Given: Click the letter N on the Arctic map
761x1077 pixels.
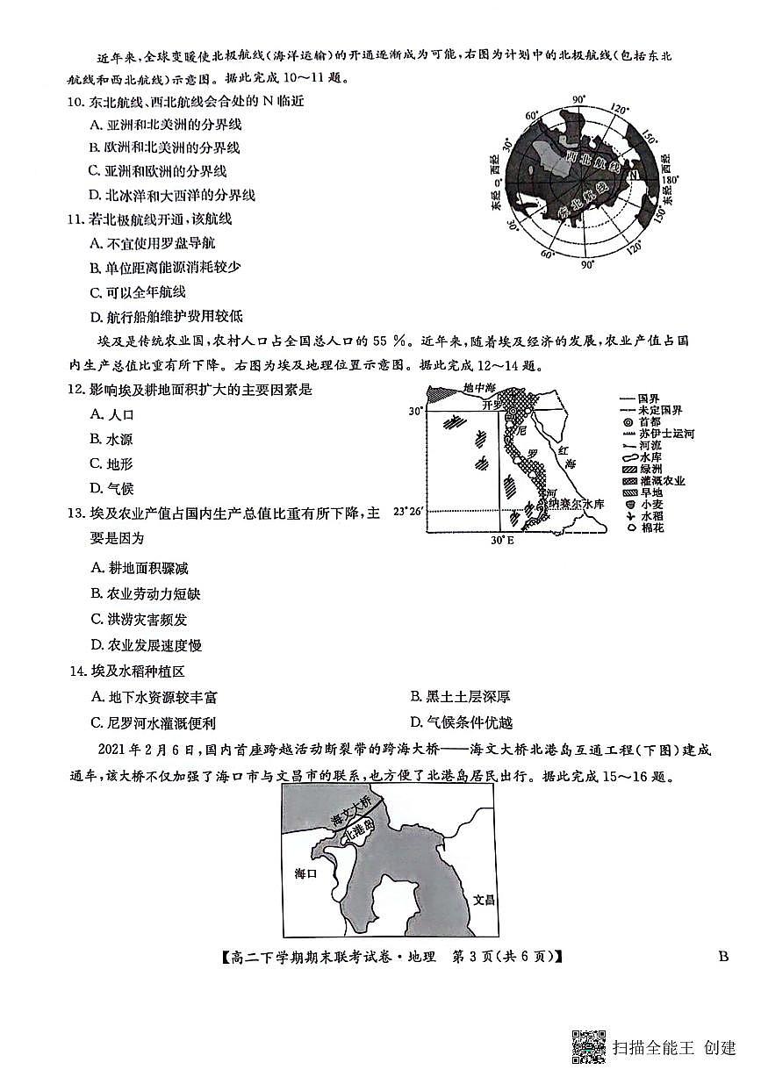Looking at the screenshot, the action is (x=631, y=175).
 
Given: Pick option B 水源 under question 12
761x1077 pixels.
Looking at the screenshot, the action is (x=111, y=439).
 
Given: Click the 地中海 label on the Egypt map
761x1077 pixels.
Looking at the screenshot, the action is (x=479, y=388).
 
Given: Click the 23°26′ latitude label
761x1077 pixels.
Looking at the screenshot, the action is (x=409, y=511).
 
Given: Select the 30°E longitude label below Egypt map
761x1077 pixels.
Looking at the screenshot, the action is (x=501, y=540).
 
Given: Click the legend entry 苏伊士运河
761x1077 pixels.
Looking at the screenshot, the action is (x=668, y=434).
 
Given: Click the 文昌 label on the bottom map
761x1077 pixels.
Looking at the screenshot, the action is (x=484, y=901).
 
